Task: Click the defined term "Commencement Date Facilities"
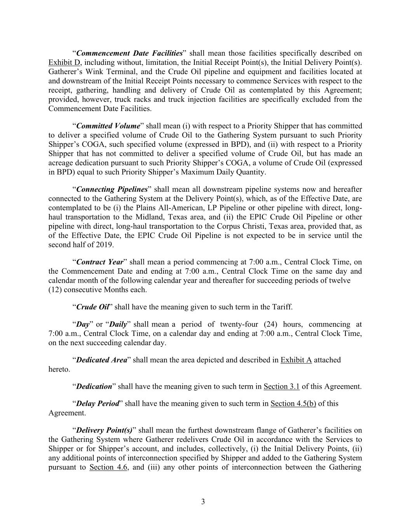[x=129, y=53]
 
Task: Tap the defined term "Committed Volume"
[x=108, y=126]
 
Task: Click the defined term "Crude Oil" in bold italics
[x=92, y=307]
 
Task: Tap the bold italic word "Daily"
[x=118, y=324]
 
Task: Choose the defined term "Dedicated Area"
[x=101, y=360]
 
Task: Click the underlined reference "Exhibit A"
[x=296, y=360]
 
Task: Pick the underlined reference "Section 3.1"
[x=281, y=386]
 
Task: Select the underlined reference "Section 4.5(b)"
[x=293, y=403]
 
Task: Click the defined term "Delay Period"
[x=98, y=403]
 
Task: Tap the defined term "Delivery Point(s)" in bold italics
[x=104, y=430]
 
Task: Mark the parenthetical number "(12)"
[x=55, y=290]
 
